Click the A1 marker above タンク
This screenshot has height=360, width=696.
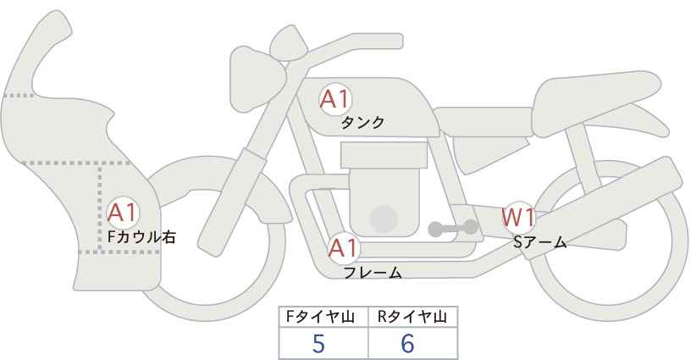(x=335, y=99)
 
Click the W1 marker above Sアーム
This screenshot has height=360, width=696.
(x=518, y=218)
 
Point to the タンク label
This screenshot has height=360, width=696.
(x=362, y=123)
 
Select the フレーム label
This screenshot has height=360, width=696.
(x=373, y=273)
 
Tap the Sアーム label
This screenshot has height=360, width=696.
(x=539, y=242)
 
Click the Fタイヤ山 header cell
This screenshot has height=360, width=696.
(x=324, y=317)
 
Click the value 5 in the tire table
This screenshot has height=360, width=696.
(x=319, y=343)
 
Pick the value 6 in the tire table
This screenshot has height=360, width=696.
(x=407, y=343)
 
